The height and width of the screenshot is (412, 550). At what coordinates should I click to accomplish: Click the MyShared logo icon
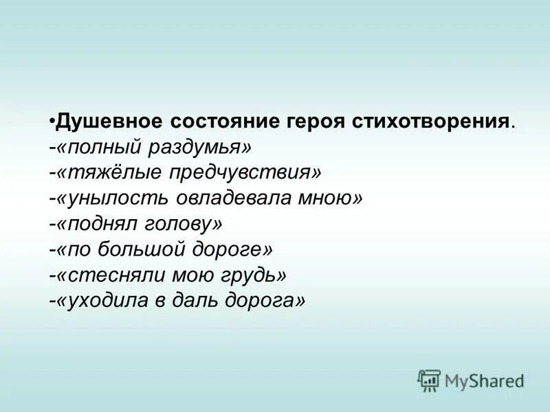(429, 379)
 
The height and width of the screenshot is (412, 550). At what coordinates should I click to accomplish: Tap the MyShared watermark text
(484, 380)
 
